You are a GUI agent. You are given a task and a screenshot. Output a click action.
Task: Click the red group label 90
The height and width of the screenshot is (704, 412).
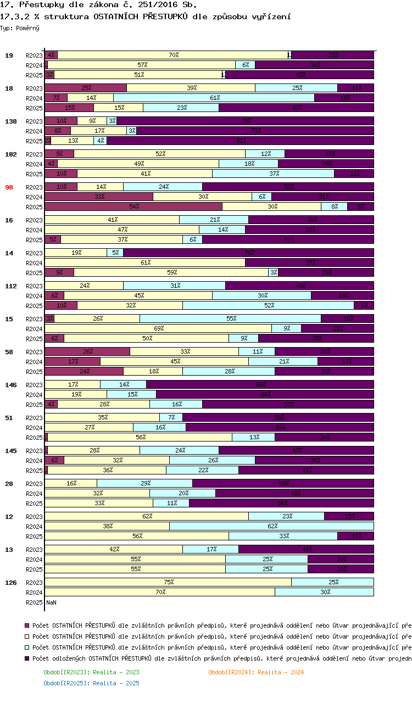(x=9, y=187)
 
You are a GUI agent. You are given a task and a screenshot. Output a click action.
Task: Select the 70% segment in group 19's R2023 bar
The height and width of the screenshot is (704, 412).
(x=174, y=55)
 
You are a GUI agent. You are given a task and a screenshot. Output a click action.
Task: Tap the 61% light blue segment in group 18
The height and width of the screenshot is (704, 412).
(x=214, y=98)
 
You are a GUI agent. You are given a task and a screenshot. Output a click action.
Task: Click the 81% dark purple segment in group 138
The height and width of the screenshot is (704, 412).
(x=240, y=141)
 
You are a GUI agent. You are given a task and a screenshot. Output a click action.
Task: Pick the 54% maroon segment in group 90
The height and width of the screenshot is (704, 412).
(x=133, y=206)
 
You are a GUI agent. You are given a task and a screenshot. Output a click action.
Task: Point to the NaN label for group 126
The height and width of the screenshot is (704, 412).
(x=51, y=602)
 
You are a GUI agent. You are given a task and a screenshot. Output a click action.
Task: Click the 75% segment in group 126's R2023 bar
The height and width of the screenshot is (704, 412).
(x=168, y=582)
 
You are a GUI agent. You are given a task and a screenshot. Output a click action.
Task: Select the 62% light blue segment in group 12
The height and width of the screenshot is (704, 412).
(x=271, y=526)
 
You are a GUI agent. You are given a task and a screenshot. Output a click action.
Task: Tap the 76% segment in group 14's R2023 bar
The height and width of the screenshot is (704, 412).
(x=248, y=253)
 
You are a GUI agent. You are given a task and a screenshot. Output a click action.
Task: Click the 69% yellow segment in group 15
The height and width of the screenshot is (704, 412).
(x=158, y=328)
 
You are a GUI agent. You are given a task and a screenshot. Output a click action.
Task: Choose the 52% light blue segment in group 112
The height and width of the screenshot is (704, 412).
(x=269, y=305)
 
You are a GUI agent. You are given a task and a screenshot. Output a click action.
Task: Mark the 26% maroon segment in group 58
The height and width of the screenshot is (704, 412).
(x=87, y=351)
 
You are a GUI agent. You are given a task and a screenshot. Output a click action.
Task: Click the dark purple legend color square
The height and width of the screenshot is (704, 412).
(x=26, y=658)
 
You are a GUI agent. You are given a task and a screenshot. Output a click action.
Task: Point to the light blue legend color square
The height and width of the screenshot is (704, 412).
(x=26, y=647)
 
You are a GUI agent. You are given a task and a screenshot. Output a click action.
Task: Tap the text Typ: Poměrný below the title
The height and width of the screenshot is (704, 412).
(x=20, y=27)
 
